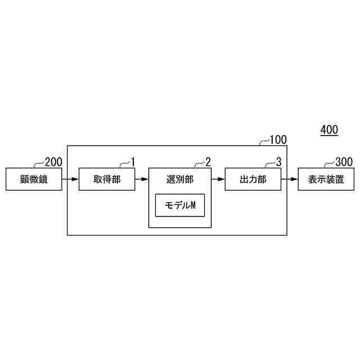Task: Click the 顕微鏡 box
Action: click(34, 179)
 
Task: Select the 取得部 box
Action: click(107, 179)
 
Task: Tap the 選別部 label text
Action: click(180, 179)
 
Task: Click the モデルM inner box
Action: click(180, 206)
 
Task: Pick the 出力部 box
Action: click(253, 179)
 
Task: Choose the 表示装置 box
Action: click(326, 179)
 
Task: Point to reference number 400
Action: click(329, 130)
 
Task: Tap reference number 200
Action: click(53, 163)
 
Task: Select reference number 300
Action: click(344, 163)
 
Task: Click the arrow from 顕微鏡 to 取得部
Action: click(70, 180)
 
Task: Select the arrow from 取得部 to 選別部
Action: click(142, 180)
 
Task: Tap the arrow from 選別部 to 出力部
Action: click(218, 180)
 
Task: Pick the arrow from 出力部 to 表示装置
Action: click(290, 180)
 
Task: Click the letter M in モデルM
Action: click(192, 206)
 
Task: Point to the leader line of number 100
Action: click(263, 143)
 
